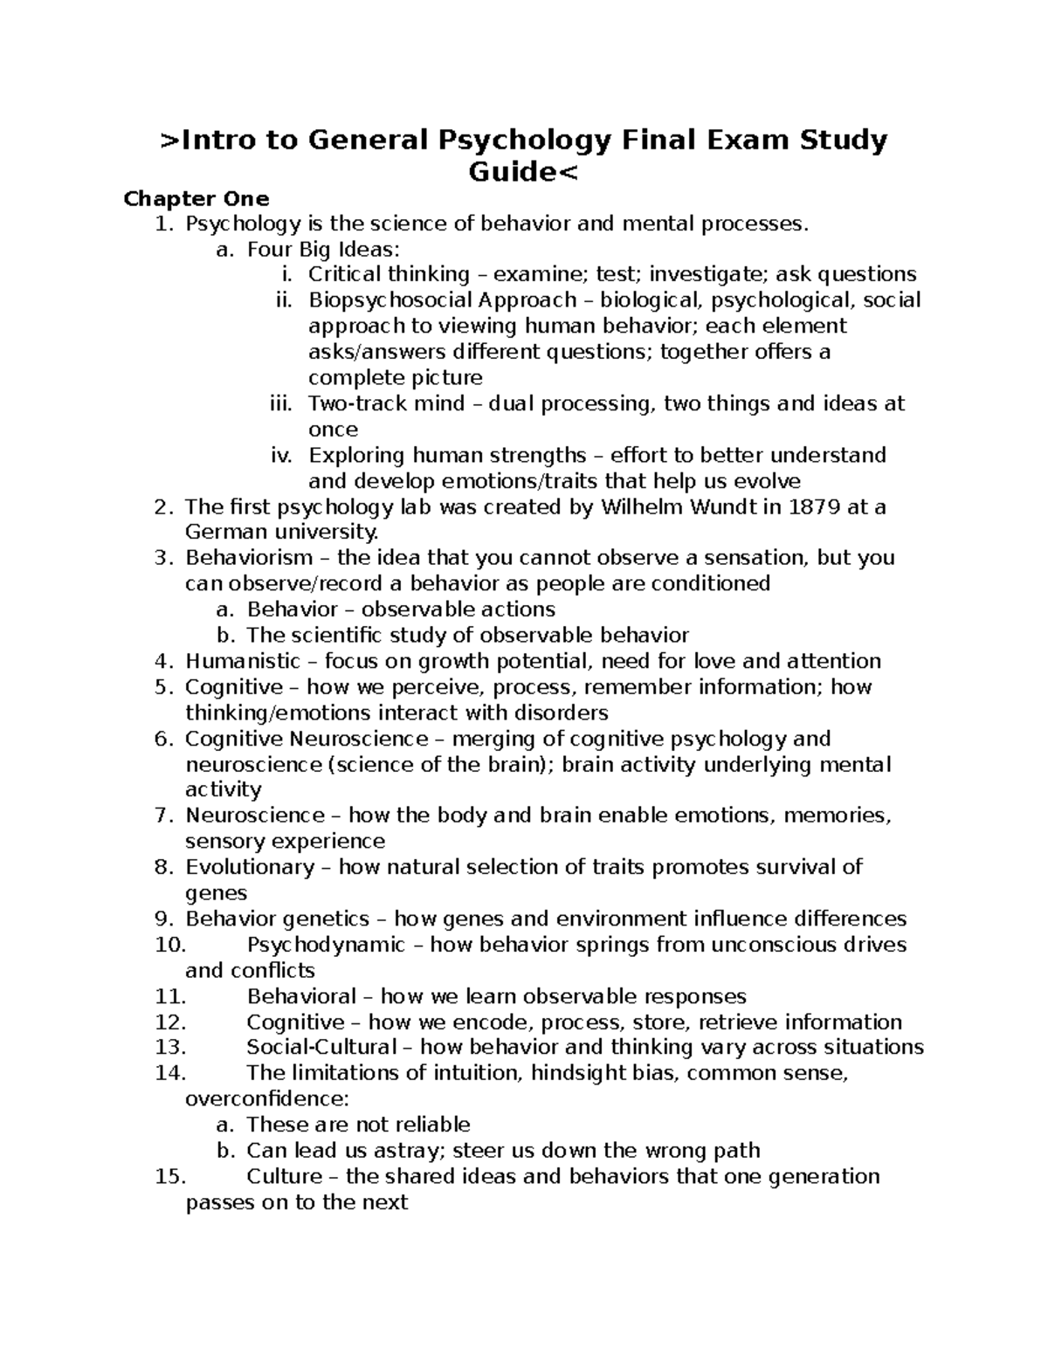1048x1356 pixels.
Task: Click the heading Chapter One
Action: coord(196,198)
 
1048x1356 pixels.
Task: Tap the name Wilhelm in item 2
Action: coord(642,506)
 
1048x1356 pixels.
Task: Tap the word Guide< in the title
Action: coord(523,172)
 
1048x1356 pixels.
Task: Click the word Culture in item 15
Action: coord(285,1176)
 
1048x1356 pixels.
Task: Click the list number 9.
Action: coord(164,919)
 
